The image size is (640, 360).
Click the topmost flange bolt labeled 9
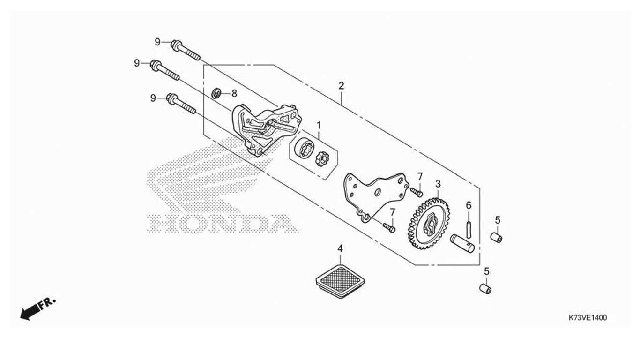[186, 50]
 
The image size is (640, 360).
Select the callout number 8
[234, 93]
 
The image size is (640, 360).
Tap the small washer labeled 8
[217, 93]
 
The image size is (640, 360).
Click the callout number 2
[341, 85]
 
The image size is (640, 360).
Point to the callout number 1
[319, 125]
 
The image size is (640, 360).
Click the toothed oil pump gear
[428, 223]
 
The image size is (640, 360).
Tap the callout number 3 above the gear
[438, 184]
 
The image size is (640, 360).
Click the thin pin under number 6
[469, 228]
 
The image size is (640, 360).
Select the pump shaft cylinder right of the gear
[462, 243]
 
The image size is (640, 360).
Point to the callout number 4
[340, 249]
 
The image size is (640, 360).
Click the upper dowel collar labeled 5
[497, 237]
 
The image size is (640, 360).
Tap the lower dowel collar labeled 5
[485, 288]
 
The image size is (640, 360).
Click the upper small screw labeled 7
[416, 192]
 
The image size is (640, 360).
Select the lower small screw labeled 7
[389, 227]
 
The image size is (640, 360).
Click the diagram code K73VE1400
[587, 318]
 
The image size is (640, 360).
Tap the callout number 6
[469, 205]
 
